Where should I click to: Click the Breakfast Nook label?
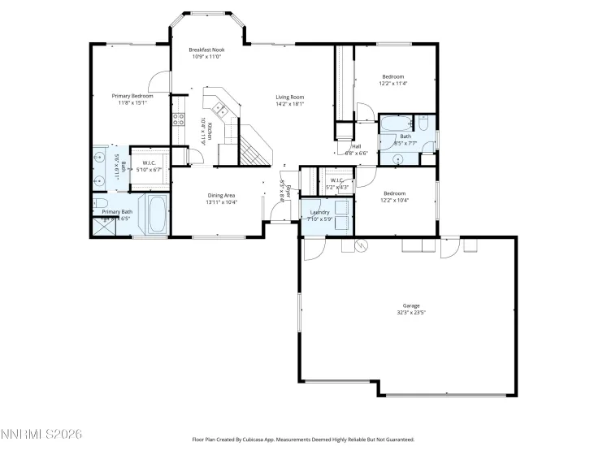point(206,50)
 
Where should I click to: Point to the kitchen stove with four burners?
point(177,119)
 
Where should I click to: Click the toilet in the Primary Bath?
point(99,204)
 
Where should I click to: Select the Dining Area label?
point(221,195)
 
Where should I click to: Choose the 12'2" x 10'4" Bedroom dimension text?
point(394,200)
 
